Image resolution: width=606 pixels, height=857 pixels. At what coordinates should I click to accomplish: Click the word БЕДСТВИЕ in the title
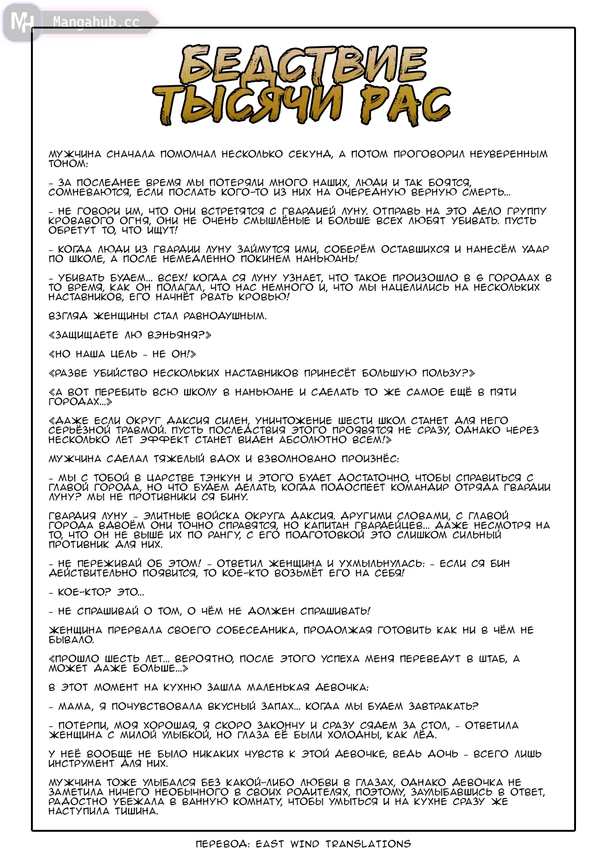tap(303, 66)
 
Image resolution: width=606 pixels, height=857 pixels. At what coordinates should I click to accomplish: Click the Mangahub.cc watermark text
tap(96, 22)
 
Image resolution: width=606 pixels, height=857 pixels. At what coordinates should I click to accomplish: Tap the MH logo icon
tap(21, 22)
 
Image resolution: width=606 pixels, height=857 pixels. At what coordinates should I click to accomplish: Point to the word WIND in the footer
tap(305, 844)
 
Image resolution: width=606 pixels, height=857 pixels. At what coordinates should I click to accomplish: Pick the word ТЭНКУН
tap(218, 478)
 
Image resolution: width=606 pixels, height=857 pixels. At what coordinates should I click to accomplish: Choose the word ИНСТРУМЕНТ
tap(81, 763)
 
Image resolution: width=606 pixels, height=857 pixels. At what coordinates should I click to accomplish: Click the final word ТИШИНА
tap(135, 811)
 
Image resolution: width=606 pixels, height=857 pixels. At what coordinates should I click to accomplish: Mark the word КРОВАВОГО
tap(81, 220)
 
